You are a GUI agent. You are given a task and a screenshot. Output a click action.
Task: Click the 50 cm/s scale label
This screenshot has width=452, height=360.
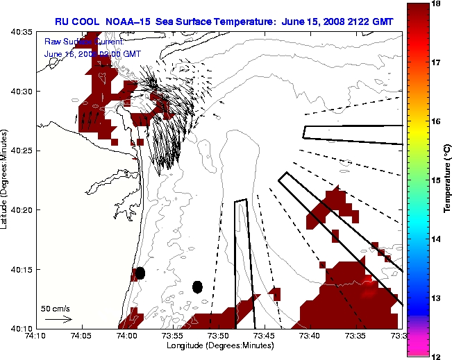tap(56, 308)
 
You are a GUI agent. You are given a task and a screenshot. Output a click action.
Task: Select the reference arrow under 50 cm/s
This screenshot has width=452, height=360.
tap(58, 319)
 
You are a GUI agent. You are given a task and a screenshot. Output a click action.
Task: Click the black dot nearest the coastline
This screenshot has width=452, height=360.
tap(140, 273)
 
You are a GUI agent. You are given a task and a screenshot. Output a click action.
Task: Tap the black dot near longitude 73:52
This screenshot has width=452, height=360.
tap(197, 286)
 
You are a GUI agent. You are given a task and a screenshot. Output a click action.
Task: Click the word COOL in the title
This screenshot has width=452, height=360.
tap(90, 22)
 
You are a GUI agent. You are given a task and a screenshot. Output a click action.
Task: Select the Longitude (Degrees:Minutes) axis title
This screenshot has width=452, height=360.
tap(219, 345)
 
